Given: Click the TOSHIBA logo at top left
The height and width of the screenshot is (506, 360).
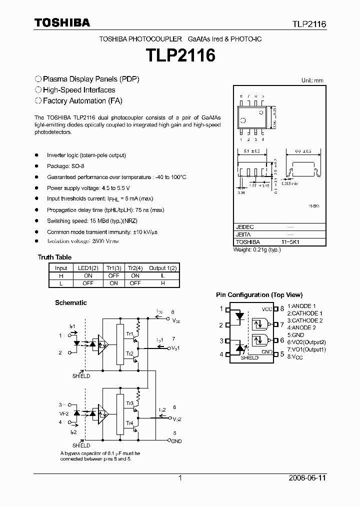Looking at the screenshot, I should tap(62, 22).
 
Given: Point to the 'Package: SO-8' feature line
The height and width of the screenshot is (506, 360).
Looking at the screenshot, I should tap(65, 166).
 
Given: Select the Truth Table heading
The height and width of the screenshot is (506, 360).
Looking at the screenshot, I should tap(54, 257).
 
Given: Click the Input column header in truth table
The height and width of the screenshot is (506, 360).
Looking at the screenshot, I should tap(60, 268).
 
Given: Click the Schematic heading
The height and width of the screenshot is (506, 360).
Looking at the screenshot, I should tap(70, 302).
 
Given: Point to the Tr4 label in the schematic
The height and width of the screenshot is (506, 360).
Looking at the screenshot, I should tap(129, 422).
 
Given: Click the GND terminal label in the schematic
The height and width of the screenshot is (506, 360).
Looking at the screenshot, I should tap(176, 441).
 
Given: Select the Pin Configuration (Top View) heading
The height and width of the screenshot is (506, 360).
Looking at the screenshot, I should tap(259, 295).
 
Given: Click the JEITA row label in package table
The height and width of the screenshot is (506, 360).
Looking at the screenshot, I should tap(243, 234).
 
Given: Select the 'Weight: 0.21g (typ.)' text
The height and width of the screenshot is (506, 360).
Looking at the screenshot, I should tap(257, 249).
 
